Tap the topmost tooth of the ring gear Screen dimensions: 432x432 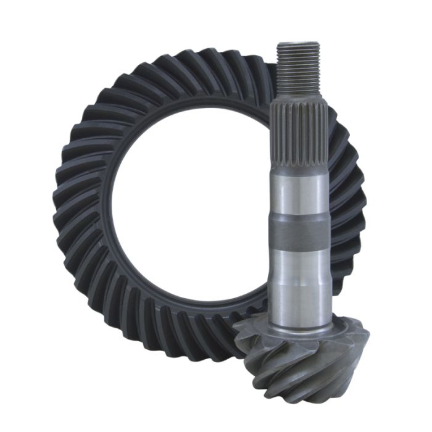pyautogui.click(x=204, y=65)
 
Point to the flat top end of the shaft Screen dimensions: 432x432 pyautogui.click(x=298, y=44)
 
